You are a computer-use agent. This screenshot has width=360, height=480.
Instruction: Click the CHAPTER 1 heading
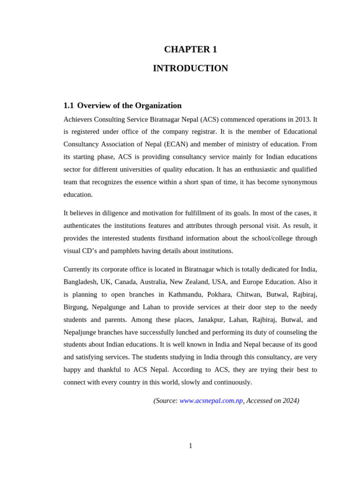(190, 50)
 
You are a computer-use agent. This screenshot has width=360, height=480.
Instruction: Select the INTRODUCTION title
(190, 68)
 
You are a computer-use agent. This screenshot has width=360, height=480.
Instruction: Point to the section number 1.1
(68, 105)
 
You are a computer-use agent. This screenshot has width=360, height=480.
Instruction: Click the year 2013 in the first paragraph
(303, 119)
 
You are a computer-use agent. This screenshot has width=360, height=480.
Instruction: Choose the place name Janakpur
(213, 320)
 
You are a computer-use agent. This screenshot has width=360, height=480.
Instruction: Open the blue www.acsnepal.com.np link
(211, 401)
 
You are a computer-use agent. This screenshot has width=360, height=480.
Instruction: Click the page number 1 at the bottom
(190, 446)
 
